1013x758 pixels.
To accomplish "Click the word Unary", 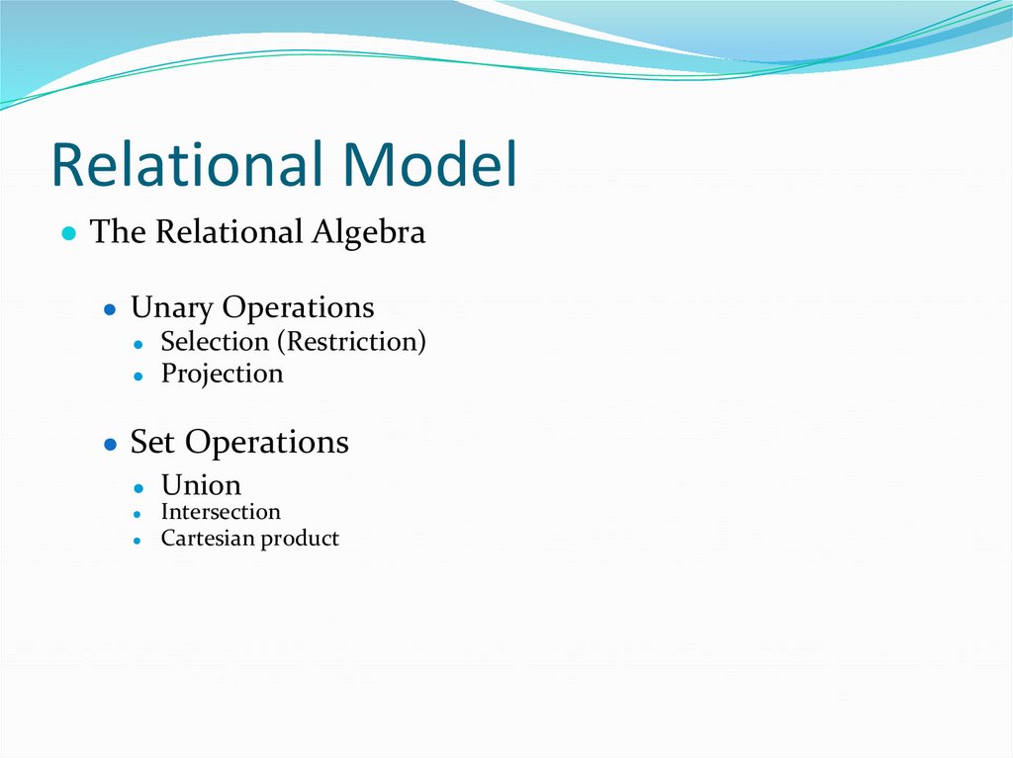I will click(x=171, y=307).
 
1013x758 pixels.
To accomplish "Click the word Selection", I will click(x=215, y=342).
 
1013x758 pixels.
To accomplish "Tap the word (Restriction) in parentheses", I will click(x=351, y=342).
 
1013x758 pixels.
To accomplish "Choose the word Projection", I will click(x=222, y=375).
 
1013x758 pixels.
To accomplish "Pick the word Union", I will click(x=201, y=485).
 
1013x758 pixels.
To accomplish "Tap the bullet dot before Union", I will click(x=140, y=487).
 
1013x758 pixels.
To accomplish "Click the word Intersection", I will click(x=221, y=512).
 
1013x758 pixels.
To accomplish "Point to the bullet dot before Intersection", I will click(x=140, y=514).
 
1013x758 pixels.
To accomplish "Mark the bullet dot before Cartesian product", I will click(x=140, y=541).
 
